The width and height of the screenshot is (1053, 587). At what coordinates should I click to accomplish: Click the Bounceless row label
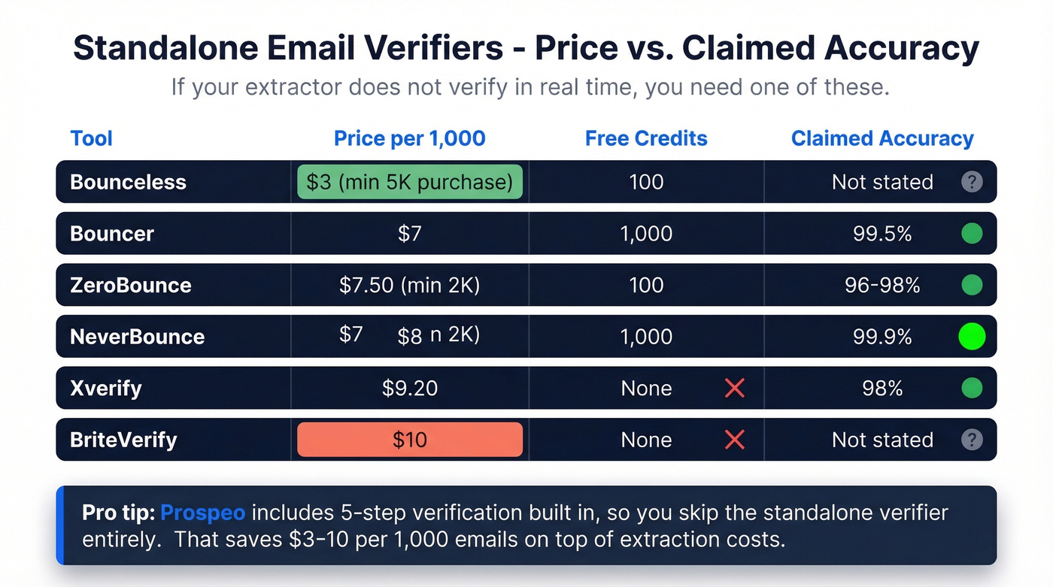pyautogui.click(x=128, y=182)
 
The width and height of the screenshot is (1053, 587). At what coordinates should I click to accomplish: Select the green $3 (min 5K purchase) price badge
pyautogui.click(x=410, y=182)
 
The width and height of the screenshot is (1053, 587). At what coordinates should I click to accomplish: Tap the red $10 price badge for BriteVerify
pyautogui.click(x=410, y=440)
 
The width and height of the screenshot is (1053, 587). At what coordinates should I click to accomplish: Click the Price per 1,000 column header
pyautogui.click(x=410, y=138)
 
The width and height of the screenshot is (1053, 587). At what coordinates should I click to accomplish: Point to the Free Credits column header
pyautogui.click(x=646, y=138)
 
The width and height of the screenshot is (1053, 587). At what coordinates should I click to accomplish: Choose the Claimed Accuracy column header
pyautogui.click(x=882, y=138)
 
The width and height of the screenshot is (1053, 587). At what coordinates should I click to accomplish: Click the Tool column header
pyautogui.click(x=91, y=138)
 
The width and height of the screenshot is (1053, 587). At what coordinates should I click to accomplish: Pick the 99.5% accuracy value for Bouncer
pyautogui.click(x=882, y=234)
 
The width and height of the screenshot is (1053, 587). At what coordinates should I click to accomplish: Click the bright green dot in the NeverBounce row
pyautogui.click(x=972, y=337)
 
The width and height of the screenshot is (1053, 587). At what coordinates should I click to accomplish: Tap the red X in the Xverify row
pyautogui.click(x=734, y=389)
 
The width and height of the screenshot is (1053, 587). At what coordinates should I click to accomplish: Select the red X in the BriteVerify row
pyautogui.click(x=734, y=440)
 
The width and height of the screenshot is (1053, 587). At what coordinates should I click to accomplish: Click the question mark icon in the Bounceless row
pyautogui.click(x=972, y=182)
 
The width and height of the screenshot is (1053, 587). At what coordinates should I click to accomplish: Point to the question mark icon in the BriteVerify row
pyautogui.click(x=972, y=440)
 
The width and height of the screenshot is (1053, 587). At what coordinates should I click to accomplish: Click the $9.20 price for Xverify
pyautogui.click(x=410, y=389)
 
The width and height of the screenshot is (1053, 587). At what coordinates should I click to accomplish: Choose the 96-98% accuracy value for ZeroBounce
pyautogui.click(x=882, y=285)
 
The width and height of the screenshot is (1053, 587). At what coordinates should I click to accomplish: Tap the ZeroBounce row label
pyautogui.click(x=131, y=285)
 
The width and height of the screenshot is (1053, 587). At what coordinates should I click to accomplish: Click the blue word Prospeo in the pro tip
pyautogui.click(x=203, y=513)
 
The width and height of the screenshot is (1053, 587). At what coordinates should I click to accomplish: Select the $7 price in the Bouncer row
pyautogui.click(x=410, y=234)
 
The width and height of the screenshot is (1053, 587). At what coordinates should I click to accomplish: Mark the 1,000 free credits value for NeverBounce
pyautogui.click(x=646, y=337)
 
